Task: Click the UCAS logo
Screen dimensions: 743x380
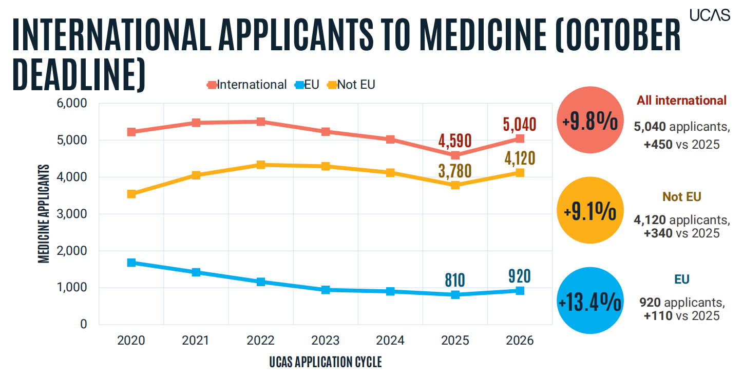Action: point(710,15)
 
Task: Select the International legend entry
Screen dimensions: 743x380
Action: point(246,85)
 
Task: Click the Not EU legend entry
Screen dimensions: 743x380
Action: point(351,85)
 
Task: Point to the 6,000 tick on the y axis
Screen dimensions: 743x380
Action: point(72,104)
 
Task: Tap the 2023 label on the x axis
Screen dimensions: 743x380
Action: point(326,341)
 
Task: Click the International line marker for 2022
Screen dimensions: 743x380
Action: point(261,122)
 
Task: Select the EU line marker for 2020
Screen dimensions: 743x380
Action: point(131,263)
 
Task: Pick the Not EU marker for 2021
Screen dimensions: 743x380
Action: point(196,175)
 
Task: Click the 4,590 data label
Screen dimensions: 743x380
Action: point(455,141)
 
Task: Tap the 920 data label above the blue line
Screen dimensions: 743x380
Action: point(520,276)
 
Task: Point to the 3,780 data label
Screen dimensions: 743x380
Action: point(455,171)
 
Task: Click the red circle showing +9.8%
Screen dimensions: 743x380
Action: point(590,120)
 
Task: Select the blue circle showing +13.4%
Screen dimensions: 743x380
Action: point(590,301)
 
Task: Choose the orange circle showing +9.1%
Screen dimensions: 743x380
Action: point(590,210)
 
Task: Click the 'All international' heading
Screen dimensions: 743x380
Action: point(681,101)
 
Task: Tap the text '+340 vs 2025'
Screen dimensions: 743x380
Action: point(681,233)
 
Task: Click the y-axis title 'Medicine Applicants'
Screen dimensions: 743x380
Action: point(44,214)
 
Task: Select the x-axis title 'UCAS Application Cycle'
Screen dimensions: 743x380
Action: point(326,362)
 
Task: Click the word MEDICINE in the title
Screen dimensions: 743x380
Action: point(483,34)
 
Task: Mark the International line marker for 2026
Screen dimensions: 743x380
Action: point(520,138)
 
